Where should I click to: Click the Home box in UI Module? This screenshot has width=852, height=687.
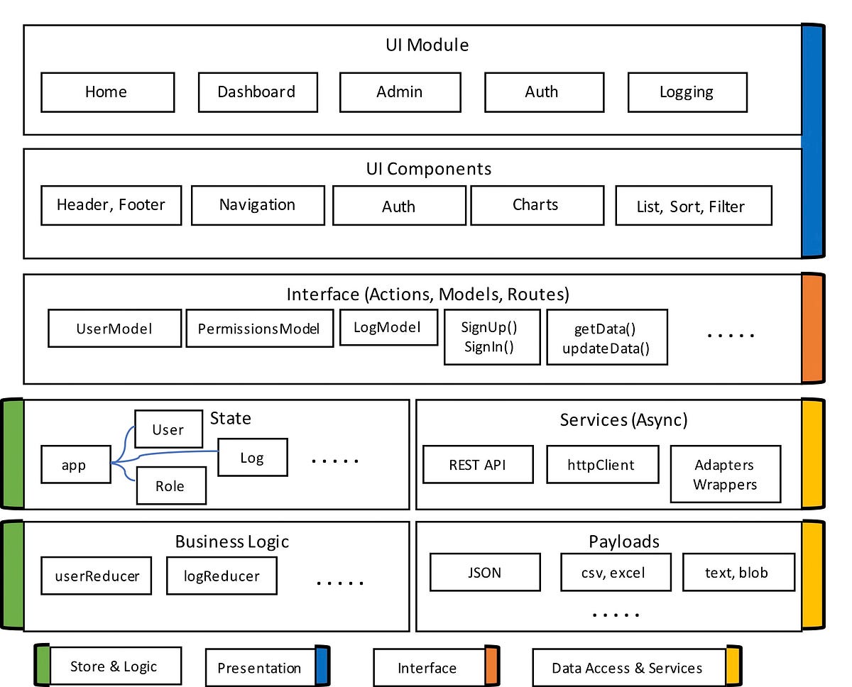[x=107, y=92]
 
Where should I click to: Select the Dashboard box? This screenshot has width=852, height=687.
[x=257, y=92]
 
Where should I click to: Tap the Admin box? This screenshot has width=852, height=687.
[x=400, y=92]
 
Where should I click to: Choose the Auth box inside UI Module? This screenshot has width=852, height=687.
[x=543, y=92]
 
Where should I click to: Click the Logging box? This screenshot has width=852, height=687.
[x=687, y=92]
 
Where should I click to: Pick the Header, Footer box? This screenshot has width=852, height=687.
[x=111, y=205]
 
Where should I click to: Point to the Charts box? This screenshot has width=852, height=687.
[x=537, y=205]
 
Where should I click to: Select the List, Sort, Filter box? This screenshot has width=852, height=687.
[x=693, y=207]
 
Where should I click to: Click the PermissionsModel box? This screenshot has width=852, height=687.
[x=259, y=329]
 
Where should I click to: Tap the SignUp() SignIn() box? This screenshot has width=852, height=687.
[x=491, y=337]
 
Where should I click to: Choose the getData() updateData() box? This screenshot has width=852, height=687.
[x=606, y=338]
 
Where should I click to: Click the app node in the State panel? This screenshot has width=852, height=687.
[x=75, y=465]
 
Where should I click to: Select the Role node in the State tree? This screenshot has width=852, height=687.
[x=170, y=486]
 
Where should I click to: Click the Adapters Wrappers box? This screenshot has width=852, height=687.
[x=725, y=474]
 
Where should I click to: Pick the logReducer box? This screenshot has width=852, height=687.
[x=222, y=576]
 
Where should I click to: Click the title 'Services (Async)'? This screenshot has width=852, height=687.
[x=623, y=419]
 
